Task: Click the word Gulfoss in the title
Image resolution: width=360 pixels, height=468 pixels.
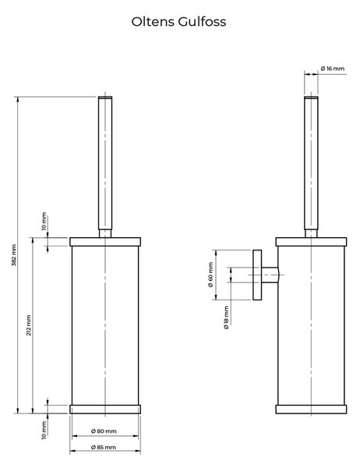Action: [x=203, y=22]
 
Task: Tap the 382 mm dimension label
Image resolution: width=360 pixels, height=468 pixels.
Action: [x=14, y=255]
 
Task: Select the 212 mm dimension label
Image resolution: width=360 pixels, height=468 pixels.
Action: [x=29, y=325]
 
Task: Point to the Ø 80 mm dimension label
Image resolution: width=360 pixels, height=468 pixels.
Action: [x=104, y=431]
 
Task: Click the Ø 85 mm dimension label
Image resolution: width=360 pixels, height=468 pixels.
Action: [x=103, y=447]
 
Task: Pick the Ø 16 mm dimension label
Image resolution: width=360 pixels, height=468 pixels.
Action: [x=333, y=69]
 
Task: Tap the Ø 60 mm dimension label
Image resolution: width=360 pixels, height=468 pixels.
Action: [x=210, y=275]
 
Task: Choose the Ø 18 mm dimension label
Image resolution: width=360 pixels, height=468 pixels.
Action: [x=227, y=317]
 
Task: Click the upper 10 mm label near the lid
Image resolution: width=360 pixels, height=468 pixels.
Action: [x=44, y=222]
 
